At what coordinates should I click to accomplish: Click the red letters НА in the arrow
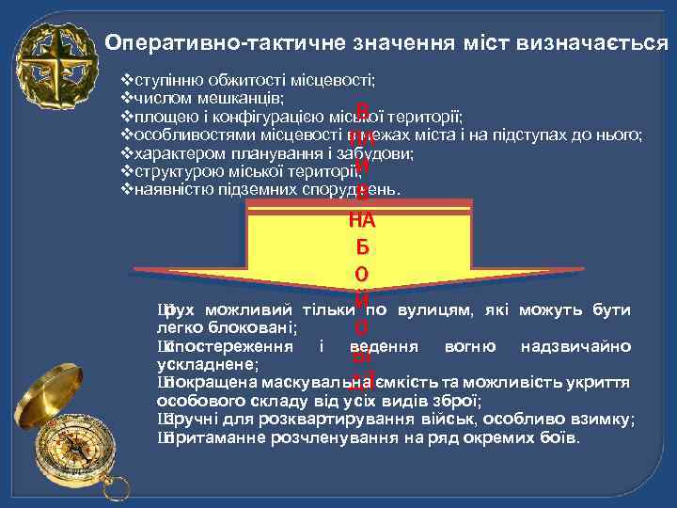362,222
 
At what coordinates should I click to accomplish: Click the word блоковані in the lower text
258,327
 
